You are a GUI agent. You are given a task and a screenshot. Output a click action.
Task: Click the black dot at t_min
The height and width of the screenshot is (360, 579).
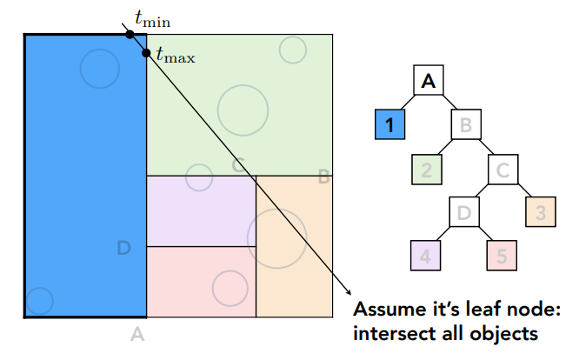(x=129, y=34)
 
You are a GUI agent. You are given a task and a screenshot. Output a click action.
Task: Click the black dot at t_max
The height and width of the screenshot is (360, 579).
(x=146, y=53)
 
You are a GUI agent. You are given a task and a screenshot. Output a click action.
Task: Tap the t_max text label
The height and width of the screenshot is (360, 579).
(x=176, y=58)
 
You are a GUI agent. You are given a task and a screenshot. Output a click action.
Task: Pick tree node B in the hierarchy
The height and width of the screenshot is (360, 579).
(x=466, y=125)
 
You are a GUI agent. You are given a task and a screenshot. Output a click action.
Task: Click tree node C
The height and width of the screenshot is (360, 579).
(x=502, y=169)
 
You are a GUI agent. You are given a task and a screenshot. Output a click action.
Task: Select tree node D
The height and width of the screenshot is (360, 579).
(x=465, y=210)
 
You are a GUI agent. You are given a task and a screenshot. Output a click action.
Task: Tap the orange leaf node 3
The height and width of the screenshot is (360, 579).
(x=539, y=210)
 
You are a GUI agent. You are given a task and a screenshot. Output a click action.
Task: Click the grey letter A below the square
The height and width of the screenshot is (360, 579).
(x=136, y=333)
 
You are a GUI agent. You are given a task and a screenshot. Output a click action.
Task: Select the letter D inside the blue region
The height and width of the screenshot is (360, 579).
(x=123, y=250)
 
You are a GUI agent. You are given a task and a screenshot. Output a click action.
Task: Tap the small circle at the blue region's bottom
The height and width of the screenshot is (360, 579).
(x=38, y=301)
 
